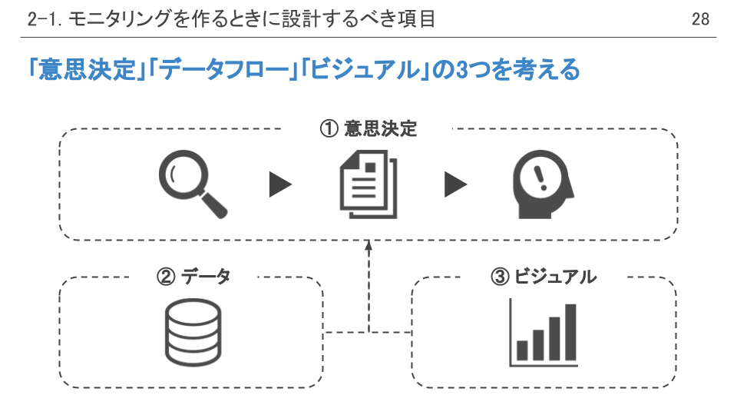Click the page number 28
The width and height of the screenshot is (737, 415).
point(700,19)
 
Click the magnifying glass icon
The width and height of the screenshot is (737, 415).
point(193,184)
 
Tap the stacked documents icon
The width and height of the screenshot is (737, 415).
point(368,184)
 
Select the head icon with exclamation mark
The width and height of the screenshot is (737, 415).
point(543,184)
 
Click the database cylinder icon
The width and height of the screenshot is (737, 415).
point(193,332)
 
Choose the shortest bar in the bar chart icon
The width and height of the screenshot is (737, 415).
point(522,350)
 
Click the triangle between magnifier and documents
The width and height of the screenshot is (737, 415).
point(280,184)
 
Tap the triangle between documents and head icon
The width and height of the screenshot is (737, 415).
point(455,184)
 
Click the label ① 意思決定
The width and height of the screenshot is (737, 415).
point(368,129)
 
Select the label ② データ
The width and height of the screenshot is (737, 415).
point(193,277)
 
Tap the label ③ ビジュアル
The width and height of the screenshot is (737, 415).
point(543,277)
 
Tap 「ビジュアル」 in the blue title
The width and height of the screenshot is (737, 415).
point(364,71)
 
